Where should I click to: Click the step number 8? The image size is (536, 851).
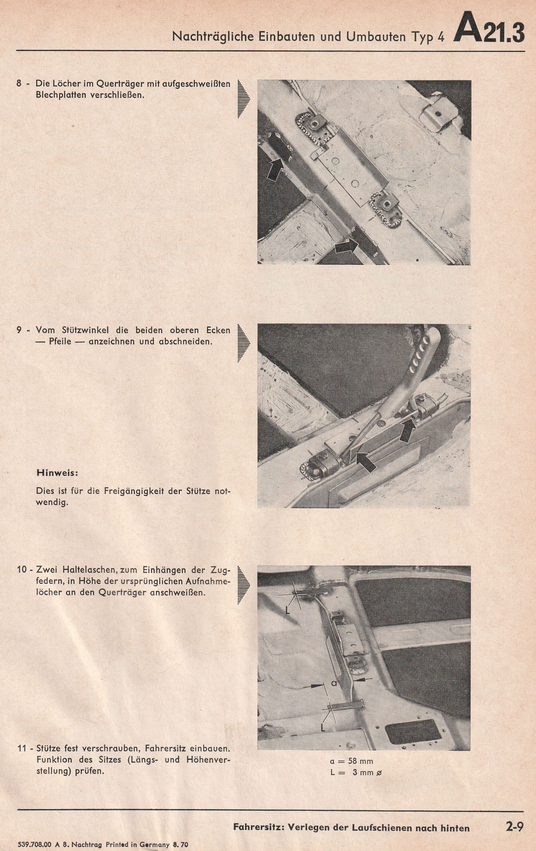(x=20, y=85)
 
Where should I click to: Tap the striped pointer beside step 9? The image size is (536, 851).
(x=244, y=343)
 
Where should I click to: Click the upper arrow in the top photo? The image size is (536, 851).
(x=275, y=169)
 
